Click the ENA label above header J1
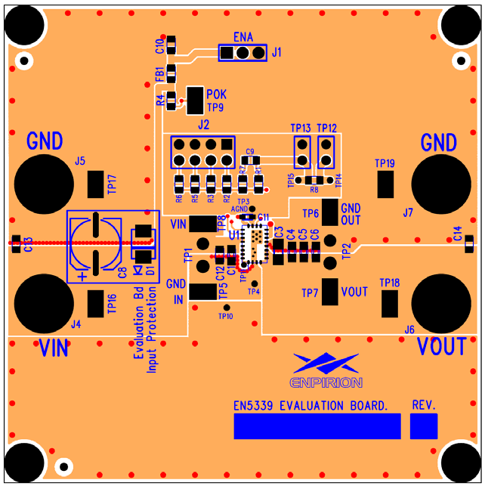point(243,37)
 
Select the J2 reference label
point(203,125)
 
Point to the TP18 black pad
point(389,303)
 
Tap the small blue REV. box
point(423,426)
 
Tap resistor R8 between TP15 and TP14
point(314,180)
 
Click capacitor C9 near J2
point(251,159)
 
